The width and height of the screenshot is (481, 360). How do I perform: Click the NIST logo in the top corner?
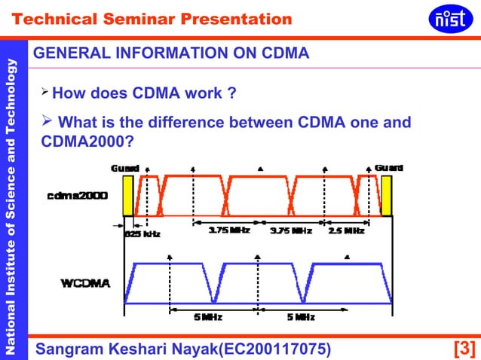click(450, 18)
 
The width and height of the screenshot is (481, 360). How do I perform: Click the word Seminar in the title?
click(165, 19)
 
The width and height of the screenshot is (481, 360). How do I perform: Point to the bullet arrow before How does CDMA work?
click(44, 93)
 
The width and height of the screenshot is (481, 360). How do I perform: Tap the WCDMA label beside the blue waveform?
click(85, 283)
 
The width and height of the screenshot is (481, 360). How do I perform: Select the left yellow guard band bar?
click(127, 196)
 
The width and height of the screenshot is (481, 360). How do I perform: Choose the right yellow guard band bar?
click(387, 196)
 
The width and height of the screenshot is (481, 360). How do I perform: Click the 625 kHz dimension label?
click(143, 233)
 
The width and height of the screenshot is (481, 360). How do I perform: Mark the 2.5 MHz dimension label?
click(347, 231)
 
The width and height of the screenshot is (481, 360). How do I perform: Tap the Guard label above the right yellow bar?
click(388, 167)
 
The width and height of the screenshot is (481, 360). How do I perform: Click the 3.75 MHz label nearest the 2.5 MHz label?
click(290, 231)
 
